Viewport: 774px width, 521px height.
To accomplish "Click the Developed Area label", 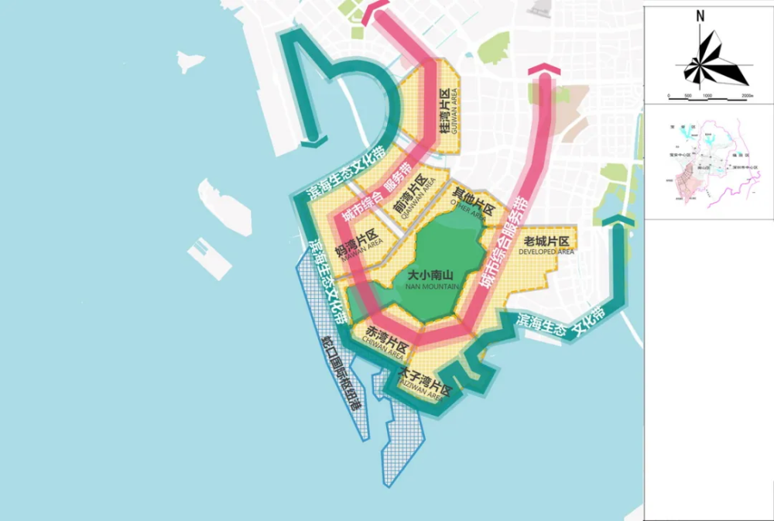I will (546, 245).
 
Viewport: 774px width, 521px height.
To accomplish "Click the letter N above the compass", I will (700, 15).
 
